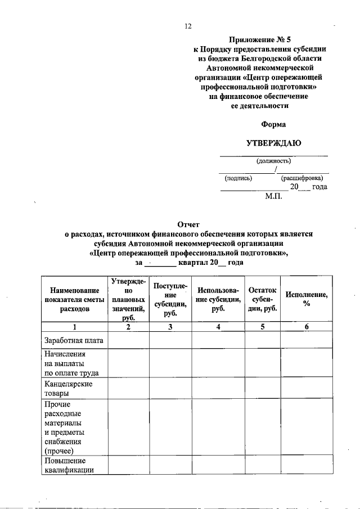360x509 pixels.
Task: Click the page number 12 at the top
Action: click(188, 26)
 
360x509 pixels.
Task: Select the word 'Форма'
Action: click(273, 124)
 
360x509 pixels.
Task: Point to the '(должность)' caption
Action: click(273, 161)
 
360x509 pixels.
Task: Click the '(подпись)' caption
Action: click(238, 178)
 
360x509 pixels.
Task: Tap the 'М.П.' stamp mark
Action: click(274, 197)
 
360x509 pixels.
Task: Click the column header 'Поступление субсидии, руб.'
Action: click(170, 299)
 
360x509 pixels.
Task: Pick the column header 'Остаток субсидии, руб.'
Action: click(263, 299)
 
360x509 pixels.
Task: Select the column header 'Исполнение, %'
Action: click(307, 299)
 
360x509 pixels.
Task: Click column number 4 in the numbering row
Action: click(218, 327)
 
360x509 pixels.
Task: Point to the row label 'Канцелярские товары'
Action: click(68, 388)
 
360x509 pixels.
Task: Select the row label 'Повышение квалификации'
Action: click(68, 466)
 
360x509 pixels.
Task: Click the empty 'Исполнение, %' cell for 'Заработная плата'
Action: click(307, 340)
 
